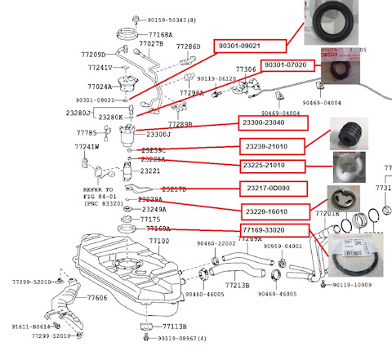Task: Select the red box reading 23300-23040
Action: click(x=272, y=123)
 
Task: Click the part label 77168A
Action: click(x=159, y=35)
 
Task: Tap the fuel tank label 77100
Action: click(x=158, y=241)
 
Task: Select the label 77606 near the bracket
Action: click(x=97, y=299)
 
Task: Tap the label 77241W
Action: click(x=87, y=148)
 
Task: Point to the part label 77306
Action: click(x=246, y=70)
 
